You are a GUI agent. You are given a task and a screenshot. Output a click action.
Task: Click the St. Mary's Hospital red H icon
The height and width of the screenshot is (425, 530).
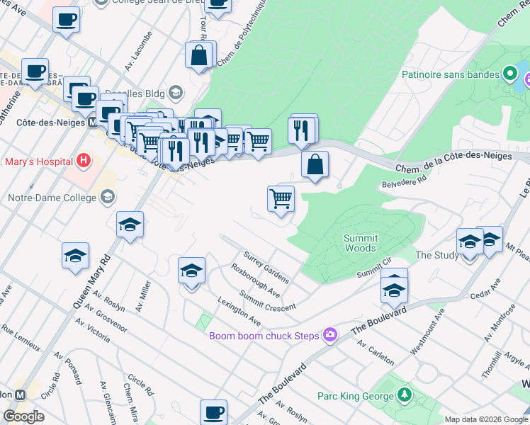(84, 161)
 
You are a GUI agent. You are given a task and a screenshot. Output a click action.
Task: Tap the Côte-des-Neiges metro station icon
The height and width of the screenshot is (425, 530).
(94, 122)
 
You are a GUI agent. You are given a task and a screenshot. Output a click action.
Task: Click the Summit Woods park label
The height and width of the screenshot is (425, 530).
(361, 243)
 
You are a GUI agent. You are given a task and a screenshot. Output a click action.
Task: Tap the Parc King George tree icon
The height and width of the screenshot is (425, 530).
(404, 393)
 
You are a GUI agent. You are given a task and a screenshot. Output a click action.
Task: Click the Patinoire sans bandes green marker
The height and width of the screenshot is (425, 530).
(509, 74)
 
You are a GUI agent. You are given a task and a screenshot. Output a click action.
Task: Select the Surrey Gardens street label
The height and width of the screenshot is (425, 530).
(266, 266)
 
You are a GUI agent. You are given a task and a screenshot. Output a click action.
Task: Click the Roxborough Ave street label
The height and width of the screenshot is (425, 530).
(255, 280)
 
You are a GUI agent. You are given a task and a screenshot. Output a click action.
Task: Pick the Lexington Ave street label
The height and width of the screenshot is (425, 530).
(239, 312)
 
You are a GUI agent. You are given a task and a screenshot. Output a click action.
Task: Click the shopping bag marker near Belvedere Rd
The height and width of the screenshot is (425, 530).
(315, 164)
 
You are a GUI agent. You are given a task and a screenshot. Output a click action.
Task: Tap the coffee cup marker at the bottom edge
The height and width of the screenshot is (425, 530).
(213, 412)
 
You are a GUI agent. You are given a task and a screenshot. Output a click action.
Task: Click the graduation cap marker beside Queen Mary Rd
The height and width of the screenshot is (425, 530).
(130, 225)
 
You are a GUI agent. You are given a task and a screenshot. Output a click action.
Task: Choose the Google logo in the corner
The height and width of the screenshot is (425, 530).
(23, 416)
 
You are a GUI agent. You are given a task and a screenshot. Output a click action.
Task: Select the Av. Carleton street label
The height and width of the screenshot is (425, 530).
(376, 352)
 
